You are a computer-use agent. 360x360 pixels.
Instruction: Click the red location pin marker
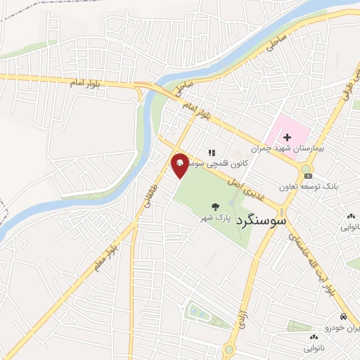(x=180, y=164)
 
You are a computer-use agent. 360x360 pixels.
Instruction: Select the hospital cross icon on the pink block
(x=287, y=136)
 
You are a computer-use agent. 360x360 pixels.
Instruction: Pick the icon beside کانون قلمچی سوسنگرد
(x=211, y=152)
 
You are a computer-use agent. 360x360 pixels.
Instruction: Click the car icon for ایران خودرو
(x=342, y=317)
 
